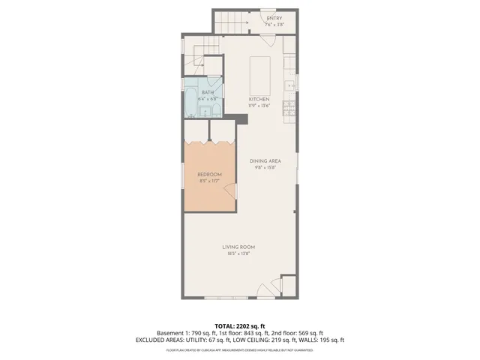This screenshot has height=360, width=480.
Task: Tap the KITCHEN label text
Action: [x=259, y=99]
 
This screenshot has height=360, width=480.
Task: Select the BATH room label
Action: [x=207, y=92]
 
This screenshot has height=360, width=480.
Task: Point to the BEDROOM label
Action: [x=209, y=175]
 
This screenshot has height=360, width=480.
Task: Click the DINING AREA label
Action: [x=265, y=160]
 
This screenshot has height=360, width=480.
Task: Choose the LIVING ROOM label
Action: [x=238, y=247]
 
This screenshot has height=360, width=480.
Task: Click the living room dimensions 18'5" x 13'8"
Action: [x=238, y=253]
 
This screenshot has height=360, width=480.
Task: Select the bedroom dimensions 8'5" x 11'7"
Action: [x=209, y=181]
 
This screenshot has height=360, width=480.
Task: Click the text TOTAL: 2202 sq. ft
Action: [x=239, y=325]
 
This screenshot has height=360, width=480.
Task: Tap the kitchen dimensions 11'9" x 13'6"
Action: [x=259, y=105]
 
